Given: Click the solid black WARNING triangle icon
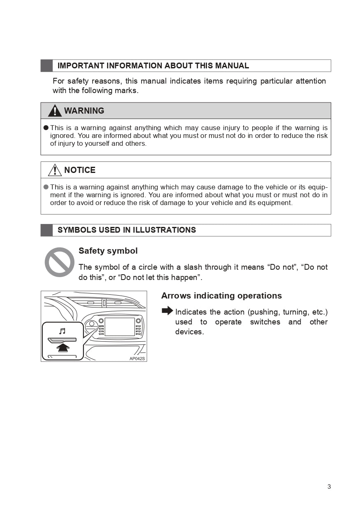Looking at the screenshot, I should pos(55,111).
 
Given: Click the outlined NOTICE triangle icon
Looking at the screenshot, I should pos(55,170).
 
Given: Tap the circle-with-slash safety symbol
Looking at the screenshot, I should pos(60,262).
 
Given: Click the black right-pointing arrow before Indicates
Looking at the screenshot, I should pos(167,311).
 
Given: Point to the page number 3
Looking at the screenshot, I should pos(329,487).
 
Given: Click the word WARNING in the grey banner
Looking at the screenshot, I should pos(84,111).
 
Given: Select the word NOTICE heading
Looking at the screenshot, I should pos(80,170).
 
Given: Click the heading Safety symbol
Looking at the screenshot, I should pos(108,251).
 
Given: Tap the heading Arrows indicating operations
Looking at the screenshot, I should pos(221,296).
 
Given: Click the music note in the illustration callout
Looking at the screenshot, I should pos(62,331).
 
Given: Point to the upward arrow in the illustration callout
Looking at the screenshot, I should pos(63,348).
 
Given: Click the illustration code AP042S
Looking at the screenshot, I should pos(137,358).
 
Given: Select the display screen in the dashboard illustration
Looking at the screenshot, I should pos(119,327).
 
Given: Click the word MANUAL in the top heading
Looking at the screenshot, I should pos(232,66).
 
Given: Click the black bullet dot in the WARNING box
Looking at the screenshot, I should pos(46,128).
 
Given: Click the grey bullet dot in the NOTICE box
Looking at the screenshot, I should pos(46,187).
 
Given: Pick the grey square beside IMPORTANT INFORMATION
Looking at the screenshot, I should pos(46,66).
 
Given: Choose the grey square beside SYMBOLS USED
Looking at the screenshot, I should pos(46,230).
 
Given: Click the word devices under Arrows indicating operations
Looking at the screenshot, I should pos(189,332).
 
